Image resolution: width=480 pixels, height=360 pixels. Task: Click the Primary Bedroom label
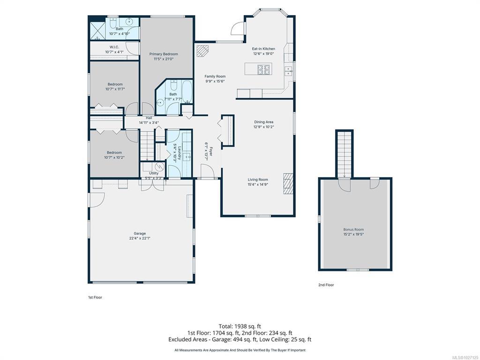pyautogui.click(x=164, y=54)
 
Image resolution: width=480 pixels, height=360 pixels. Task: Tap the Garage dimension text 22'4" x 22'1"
pyautogui.click(x=140, y=238)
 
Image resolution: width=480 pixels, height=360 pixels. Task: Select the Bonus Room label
pyautogui.click(x=353, y=229)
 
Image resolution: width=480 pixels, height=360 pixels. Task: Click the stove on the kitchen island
pyautogui.click(x=264, y=69)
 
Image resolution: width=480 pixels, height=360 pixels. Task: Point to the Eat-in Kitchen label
pyautogui.click(x=263, y=49)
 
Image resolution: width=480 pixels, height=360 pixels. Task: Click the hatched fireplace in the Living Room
pyautogui.click(x=288, y=184)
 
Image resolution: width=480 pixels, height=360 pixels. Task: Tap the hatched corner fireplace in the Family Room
pyautogui.click(x=202, y=51)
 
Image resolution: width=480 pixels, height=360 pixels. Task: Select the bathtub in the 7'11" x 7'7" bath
pyautogui.click(x=187, y=91)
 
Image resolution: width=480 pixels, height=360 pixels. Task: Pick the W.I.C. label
pyautogui.click(x=114, y=47)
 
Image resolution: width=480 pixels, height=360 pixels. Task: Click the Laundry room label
pyautogui.click(x=180, y=152)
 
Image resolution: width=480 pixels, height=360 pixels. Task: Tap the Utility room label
pyautogui.click(x=154, y=173)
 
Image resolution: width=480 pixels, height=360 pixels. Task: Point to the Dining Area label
pyautogui.click(x=263, y=122)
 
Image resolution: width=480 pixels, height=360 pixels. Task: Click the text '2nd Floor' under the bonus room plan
pyautogui.click(x=326, y=285)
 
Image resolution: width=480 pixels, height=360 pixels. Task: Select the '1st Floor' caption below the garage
pyautogui.click(x=95, y=297)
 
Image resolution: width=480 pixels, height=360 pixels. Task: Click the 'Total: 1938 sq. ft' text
pyautogui.click(x=240, y=326)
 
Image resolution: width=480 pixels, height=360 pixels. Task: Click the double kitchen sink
pyautogui.click(x=288, y=71)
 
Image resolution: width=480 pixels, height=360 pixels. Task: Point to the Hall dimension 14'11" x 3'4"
pyautogui.click(x=149, y=123)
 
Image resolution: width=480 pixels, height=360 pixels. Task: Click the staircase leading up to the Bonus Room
pyautogui.click(x=345, y=154)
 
